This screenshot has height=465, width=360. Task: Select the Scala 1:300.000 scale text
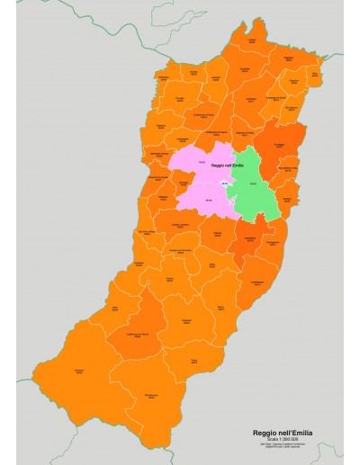(283, 441)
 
